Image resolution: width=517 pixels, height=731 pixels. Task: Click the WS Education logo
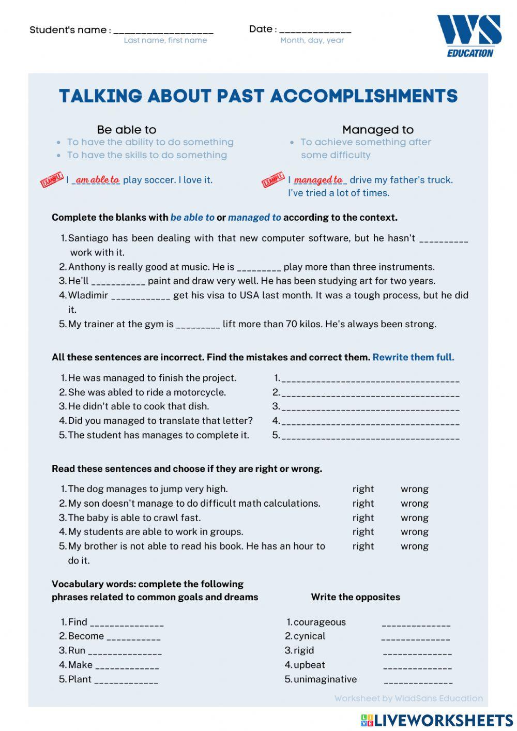pos(469,35)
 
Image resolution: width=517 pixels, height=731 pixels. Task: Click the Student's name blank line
pos(163,31)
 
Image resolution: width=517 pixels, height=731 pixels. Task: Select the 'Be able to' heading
pos(126,130)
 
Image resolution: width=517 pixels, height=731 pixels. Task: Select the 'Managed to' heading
pos(377,130)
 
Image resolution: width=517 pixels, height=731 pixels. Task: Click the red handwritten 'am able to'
pos(97,179)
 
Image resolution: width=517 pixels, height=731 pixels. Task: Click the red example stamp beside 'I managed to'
pos(273,180)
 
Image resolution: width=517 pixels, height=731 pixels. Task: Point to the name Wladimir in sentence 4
pos(88,295)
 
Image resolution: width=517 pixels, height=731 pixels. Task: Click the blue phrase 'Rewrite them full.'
pos(413,357)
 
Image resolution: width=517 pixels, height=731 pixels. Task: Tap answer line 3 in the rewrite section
pos(370,407)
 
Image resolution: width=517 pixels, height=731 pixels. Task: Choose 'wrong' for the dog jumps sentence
pos(414,489)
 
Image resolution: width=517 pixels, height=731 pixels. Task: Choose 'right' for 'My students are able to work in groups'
pos(363,531)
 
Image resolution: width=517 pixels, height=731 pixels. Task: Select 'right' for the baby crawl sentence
pos(363,517)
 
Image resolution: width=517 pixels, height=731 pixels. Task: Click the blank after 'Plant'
pos(126,680)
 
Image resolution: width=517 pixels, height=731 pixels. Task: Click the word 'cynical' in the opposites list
pos(309,636)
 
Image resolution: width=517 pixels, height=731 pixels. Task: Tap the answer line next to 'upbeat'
pos(417,666)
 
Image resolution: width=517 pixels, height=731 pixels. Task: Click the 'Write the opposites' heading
pos(355,597)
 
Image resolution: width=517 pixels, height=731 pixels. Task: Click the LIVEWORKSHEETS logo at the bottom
pos(437,720)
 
